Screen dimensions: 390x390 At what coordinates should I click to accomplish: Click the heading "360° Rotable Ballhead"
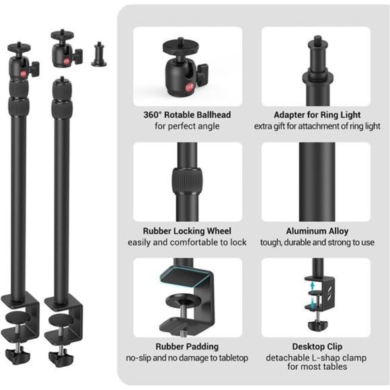[188, 115]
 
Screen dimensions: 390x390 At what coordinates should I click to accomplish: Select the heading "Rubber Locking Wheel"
[188, 231]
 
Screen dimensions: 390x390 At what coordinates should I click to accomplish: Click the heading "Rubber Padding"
[188, 346]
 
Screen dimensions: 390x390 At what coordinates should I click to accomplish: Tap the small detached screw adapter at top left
[99, 53]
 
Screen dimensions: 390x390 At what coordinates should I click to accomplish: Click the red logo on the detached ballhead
[65, 59]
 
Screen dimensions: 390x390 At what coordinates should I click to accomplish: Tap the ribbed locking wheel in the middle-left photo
[185, 180]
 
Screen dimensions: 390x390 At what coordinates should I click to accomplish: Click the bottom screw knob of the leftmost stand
[13, 352]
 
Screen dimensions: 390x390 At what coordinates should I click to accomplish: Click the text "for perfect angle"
[188, 126]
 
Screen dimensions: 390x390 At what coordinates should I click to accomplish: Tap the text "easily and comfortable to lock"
[188, 242]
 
